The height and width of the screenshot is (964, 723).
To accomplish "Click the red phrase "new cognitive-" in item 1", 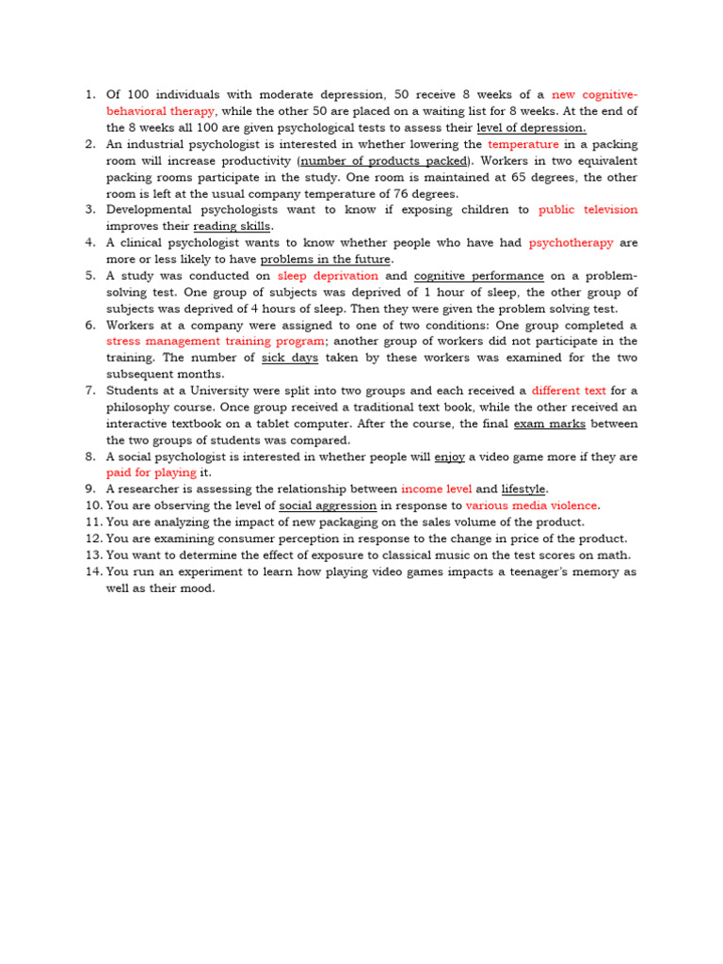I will click(594, 94).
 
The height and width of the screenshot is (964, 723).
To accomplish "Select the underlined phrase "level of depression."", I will click(531, 127).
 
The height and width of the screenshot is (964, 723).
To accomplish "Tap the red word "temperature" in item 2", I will click(523, 144).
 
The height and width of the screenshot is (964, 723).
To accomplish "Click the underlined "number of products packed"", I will click(383, 161).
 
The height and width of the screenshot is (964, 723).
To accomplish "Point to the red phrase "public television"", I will click(587, 210).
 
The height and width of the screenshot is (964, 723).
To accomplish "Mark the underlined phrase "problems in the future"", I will click(326, 259).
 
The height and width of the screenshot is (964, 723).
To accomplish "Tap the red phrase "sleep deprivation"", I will click(328, 276).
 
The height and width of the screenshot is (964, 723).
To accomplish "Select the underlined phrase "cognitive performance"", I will click(478, 276).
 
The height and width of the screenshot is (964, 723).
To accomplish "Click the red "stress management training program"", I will click(216, 341).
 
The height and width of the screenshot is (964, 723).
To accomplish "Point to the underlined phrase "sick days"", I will click(290, 358).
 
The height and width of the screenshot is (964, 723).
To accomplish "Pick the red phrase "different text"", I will click(569, 391).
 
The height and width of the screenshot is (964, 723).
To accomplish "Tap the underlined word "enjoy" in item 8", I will click(449, 457).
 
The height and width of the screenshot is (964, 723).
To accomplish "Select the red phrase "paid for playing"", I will click(151, 473).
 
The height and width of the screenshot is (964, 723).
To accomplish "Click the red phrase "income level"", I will click(435, 490).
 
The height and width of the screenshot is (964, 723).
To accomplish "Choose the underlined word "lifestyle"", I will click(523, 490).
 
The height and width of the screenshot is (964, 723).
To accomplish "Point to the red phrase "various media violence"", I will click(532, 506).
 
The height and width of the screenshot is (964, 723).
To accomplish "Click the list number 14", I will click(92, 571).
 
